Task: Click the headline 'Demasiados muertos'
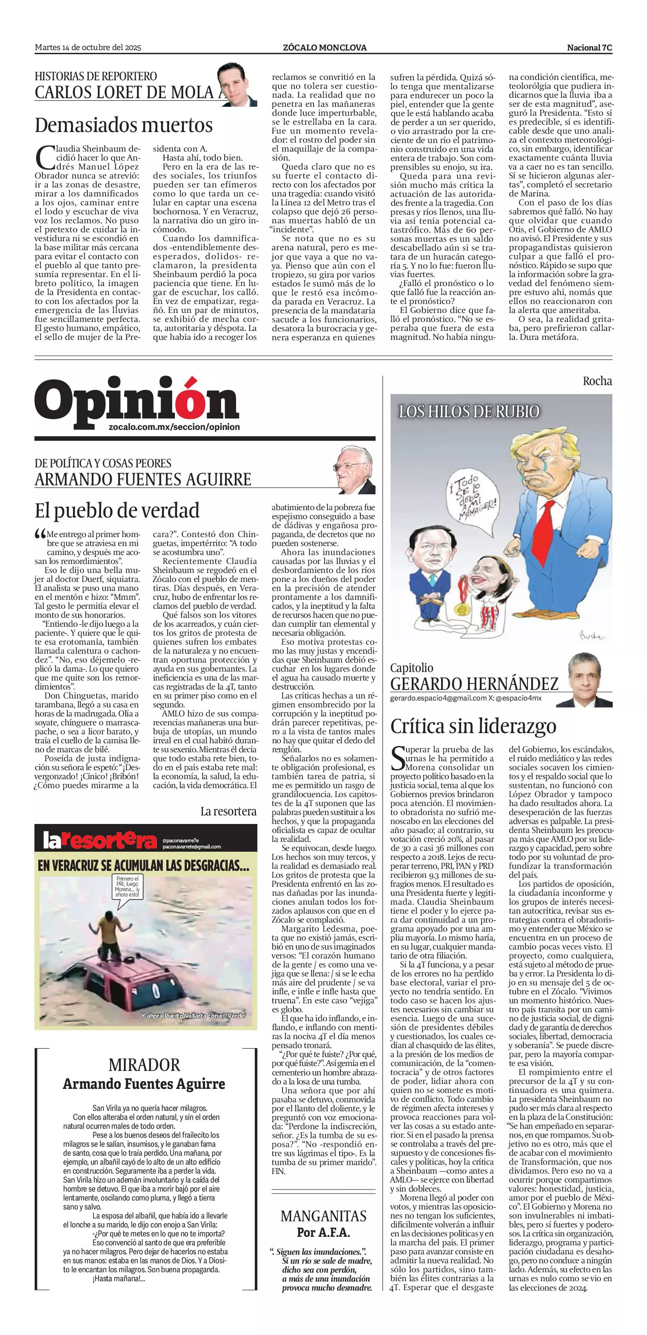click(124, 126)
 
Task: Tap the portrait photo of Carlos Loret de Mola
click(237, 84)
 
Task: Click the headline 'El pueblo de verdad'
click(117, 511)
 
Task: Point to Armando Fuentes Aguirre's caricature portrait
click(355, 469)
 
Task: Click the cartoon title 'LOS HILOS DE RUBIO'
click(469, 412)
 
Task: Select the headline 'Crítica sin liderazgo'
click(473, 726)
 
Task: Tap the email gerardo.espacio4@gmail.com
click(438, 698)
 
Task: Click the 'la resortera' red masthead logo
click(99, 841)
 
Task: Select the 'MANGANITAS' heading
click(324, 1216)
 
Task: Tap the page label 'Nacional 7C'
click(589, 48)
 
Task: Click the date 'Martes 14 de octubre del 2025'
click(88, 48)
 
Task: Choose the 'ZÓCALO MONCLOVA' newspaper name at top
click(325, 48)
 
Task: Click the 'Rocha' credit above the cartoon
click(597, 381)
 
